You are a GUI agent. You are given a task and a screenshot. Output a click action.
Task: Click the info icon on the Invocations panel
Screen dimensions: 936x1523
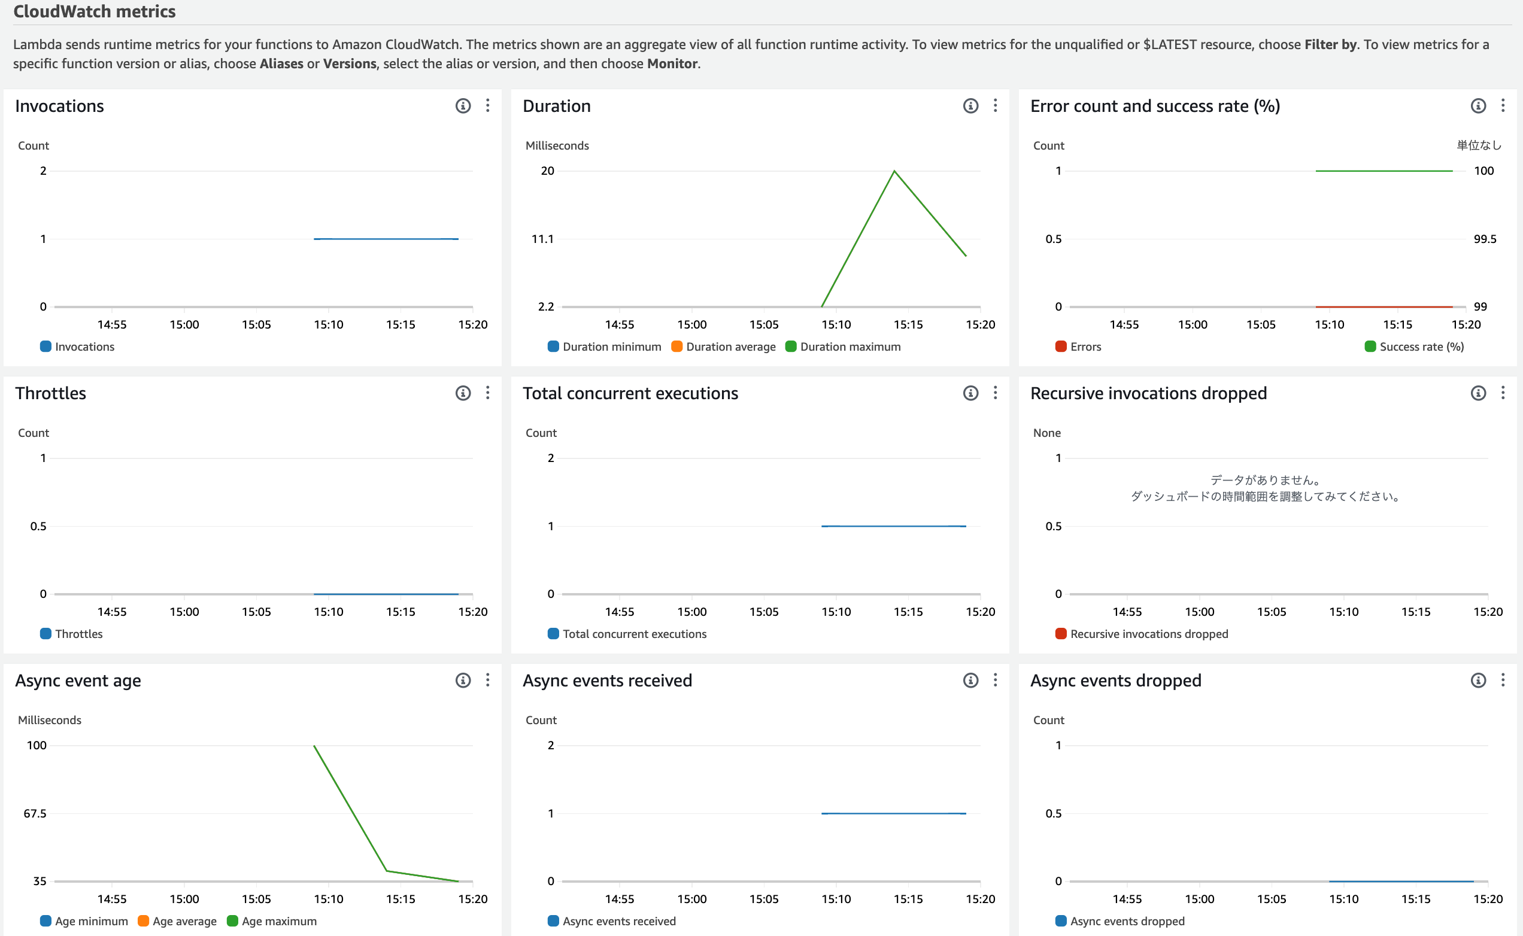(x=463, y=106)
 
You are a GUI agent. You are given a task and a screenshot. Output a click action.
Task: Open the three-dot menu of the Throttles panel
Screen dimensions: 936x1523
(x=488, y=393)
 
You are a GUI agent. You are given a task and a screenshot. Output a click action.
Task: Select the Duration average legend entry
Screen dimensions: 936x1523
(x=723, y=347)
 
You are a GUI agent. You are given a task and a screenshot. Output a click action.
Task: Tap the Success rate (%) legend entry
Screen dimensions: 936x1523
(x=1414, y=347)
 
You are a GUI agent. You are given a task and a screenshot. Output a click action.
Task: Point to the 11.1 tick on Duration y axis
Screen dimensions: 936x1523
(x=542, y=239)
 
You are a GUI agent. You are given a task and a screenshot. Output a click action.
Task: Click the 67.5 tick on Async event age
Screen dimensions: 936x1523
(x=35, y=813)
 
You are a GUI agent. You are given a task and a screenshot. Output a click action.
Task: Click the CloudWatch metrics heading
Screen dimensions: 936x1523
(x=94, y=11)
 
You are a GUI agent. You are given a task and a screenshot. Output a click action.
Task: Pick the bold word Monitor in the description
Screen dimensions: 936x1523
(x=672, y=64)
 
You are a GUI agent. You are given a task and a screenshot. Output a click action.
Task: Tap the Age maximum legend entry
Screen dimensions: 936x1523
(x=272, y=921)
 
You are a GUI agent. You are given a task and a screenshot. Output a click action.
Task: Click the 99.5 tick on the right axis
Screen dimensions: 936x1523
(x=1485, y=239)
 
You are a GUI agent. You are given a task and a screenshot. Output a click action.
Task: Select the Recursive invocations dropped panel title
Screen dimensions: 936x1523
(x=1148, y=393)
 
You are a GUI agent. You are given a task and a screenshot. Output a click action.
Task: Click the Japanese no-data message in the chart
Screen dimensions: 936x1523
(x=1266, y=488)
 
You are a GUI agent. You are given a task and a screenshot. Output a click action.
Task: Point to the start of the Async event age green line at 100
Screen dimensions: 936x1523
(x=314, y=746)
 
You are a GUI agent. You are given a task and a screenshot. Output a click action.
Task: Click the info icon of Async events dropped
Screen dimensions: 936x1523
(x=1478, y=680)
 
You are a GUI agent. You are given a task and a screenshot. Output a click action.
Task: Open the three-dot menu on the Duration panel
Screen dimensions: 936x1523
(x=996, y=106)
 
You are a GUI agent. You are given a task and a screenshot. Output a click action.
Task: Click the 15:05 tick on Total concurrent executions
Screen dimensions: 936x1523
(x=763, y=612)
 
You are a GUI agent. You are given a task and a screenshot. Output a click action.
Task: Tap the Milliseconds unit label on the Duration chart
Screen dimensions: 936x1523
(x=557, y=145)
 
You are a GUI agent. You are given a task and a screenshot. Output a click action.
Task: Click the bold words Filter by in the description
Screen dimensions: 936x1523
(x=1330, y=44)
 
